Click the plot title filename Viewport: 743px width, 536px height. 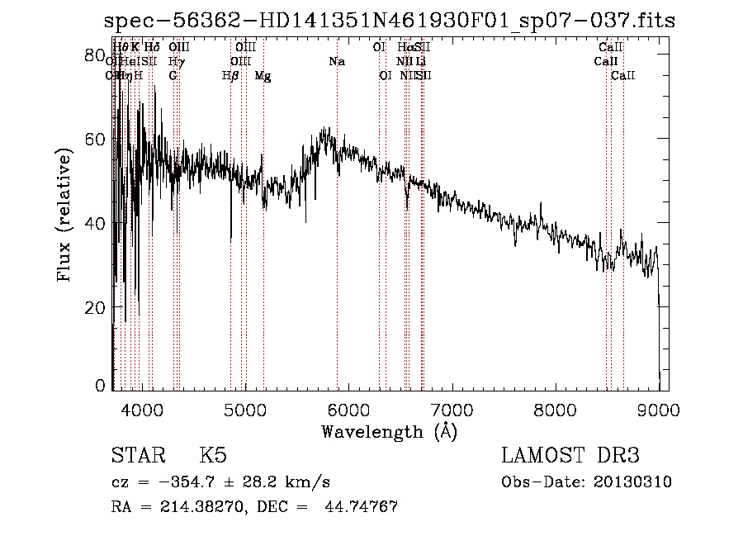390,21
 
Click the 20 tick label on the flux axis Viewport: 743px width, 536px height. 96,307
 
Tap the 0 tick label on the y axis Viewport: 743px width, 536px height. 101,386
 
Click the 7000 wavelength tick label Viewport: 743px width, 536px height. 452,409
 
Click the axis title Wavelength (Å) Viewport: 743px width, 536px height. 389,431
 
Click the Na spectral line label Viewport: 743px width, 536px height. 337,62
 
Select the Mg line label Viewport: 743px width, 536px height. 263,76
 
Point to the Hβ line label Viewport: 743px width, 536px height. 230,76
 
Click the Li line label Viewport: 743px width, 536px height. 421,62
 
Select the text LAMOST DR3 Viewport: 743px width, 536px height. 570,456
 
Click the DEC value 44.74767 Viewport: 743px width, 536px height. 364,507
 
